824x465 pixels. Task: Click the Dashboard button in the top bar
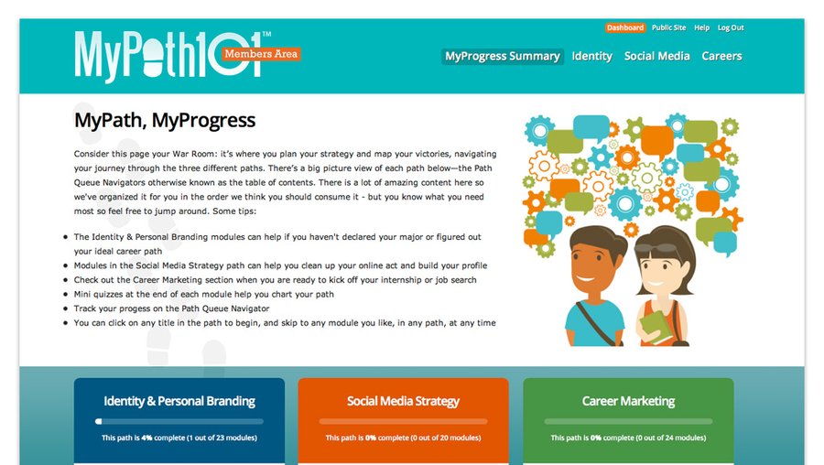click(625, 28)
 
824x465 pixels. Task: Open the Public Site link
click(668, 28)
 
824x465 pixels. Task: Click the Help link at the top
click(702, 28)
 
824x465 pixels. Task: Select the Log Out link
click(731, 28)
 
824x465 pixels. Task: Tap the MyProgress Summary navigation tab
click(502, 56)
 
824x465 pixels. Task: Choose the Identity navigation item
click(591, 56)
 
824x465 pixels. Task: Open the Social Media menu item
click(656, 56)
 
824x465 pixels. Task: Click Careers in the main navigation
click(721, 56)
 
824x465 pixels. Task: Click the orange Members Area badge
click(260, 54)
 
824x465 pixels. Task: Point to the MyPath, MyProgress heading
click(165, 120)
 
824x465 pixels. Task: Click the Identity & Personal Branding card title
click(179, 401)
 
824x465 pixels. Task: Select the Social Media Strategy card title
click(403, 401)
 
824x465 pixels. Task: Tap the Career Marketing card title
click(628, 401)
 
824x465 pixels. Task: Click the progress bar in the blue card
click(179, 422)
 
